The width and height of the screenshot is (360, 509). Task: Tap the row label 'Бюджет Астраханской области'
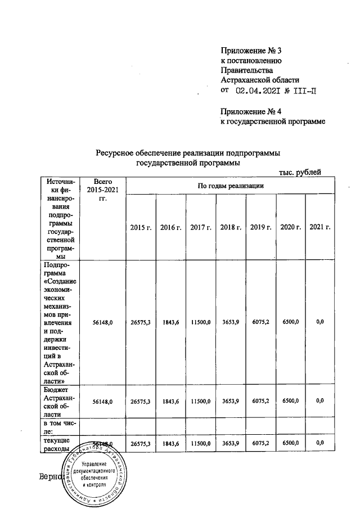coord(59,401)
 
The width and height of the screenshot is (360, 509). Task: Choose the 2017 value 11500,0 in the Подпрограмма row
coord(200,322)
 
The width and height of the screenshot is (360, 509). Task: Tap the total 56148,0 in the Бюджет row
coord(102,401)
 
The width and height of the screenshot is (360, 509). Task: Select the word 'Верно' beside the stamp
coord(47,478)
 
